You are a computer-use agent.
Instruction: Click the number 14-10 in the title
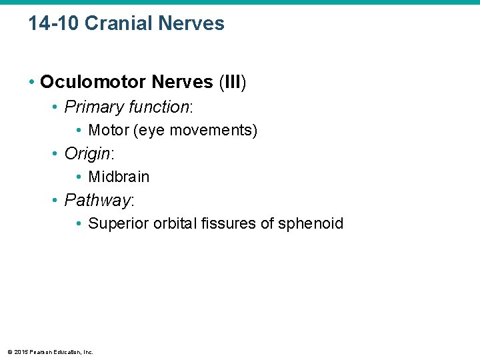54,24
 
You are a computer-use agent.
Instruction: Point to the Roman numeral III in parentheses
233,83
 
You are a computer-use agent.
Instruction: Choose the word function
159,107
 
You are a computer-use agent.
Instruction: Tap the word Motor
109,131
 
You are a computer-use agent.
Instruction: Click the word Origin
87,154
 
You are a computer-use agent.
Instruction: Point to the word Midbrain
119,177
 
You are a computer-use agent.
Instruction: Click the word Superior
116,224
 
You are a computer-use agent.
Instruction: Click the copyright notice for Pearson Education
50,352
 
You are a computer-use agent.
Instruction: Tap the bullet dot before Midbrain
79,177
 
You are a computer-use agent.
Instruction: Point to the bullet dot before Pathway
55,201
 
